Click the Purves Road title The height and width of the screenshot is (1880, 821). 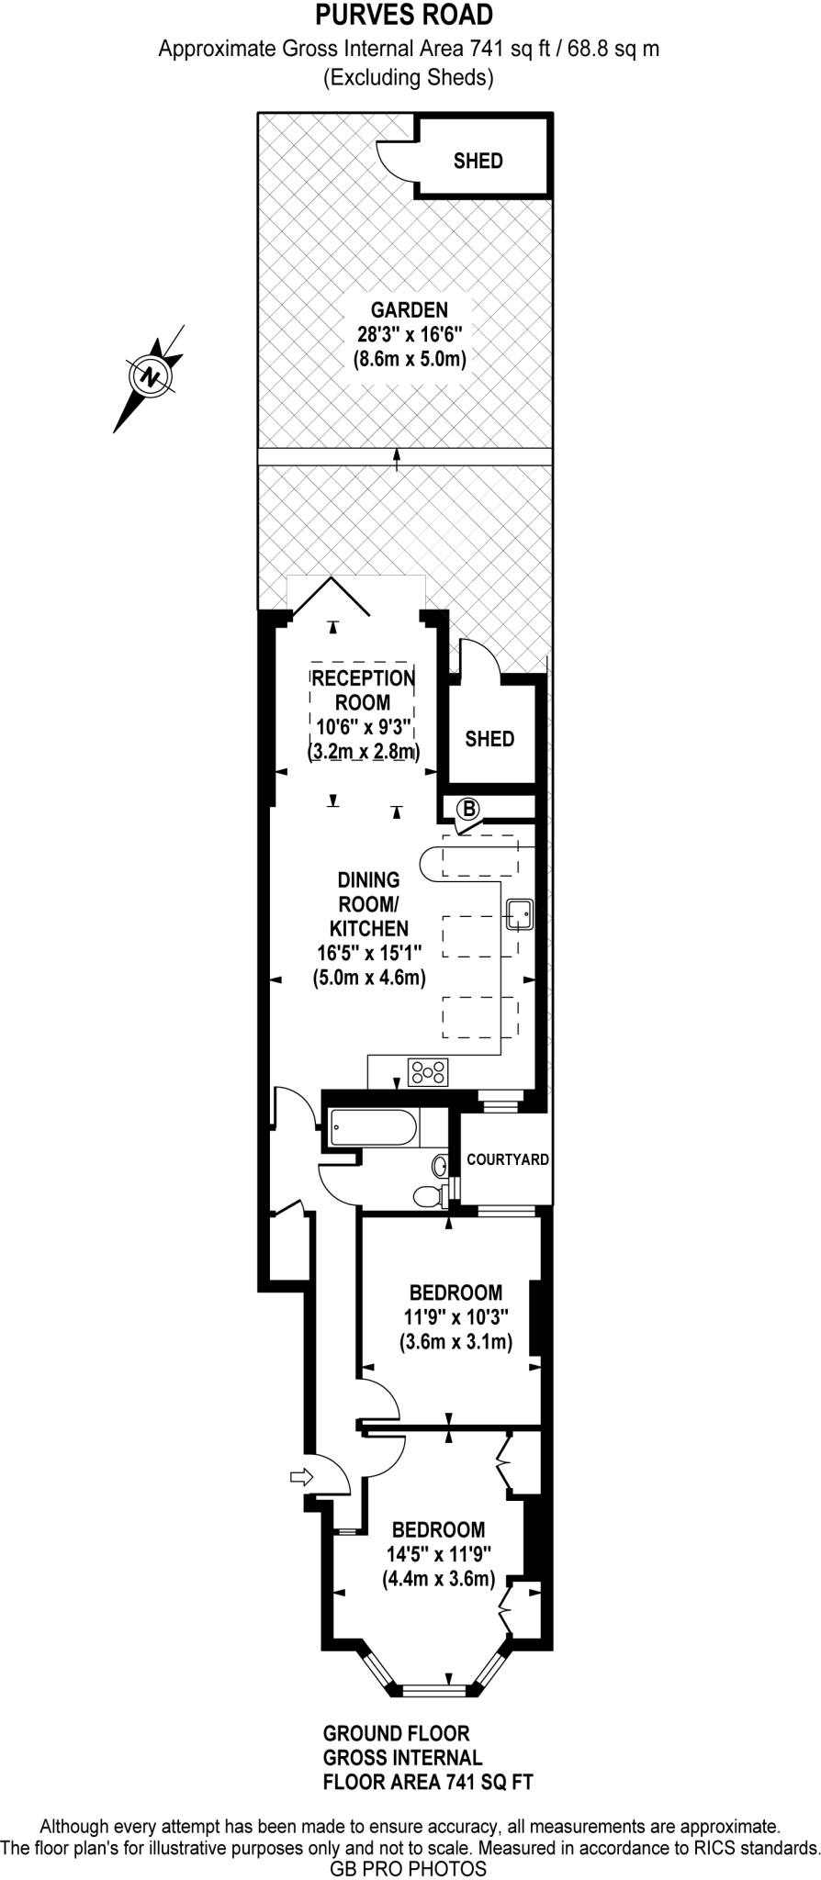(404, 15)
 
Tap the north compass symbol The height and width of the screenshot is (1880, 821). (150, 375)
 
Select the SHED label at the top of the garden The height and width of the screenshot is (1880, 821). (478, 161)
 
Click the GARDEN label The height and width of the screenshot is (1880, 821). (410, 309)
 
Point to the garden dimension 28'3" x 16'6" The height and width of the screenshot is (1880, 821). (410, 334)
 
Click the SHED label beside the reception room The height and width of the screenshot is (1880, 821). (489, 739)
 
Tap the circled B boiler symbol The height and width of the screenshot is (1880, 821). (468, 809)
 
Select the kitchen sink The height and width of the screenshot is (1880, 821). (519, 913)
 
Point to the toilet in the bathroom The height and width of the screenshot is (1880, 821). (427, 1196)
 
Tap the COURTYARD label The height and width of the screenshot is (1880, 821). (507, 1159)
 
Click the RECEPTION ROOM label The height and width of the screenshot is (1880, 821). (363, 690)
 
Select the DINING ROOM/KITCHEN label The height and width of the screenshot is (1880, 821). (368, 904)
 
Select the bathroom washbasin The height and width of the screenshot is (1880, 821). (440, 1167)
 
